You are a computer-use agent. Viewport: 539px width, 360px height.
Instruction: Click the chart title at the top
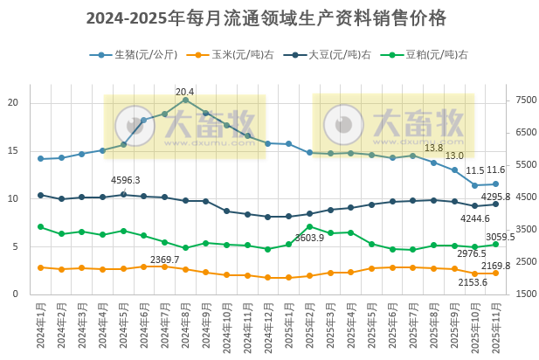point(266,18)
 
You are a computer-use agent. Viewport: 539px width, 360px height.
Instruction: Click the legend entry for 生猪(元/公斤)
point(140,54)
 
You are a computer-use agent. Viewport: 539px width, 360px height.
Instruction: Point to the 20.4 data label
point(185,92)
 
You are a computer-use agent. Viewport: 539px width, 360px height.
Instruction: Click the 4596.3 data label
point(125,180)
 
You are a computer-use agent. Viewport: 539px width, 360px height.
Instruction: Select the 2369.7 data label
point(164,260)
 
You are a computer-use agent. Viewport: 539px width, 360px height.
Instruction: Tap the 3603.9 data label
point(309,238)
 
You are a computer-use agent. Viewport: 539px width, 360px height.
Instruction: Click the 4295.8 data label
point(495,197)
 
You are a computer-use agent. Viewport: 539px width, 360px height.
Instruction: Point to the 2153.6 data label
point(473,282)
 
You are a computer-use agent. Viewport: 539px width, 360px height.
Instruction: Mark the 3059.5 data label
point(500,236)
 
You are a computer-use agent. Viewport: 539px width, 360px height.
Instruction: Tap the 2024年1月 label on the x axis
point(40,326)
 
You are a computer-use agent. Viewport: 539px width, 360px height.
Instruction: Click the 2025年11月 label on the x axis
point(495,326)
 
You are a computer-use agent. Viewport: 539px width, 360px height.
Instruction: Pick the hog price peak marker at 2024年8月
point(185,100)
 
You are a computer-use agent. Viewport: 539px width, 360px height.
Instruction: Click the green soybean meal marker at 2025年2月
point(309,227)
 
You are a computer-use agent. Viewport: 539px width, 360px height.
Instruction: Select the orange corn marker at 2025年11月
point(495,273)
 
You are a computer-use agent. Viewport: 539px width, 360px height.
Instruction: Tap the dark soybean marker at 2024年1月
point(40,196)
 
